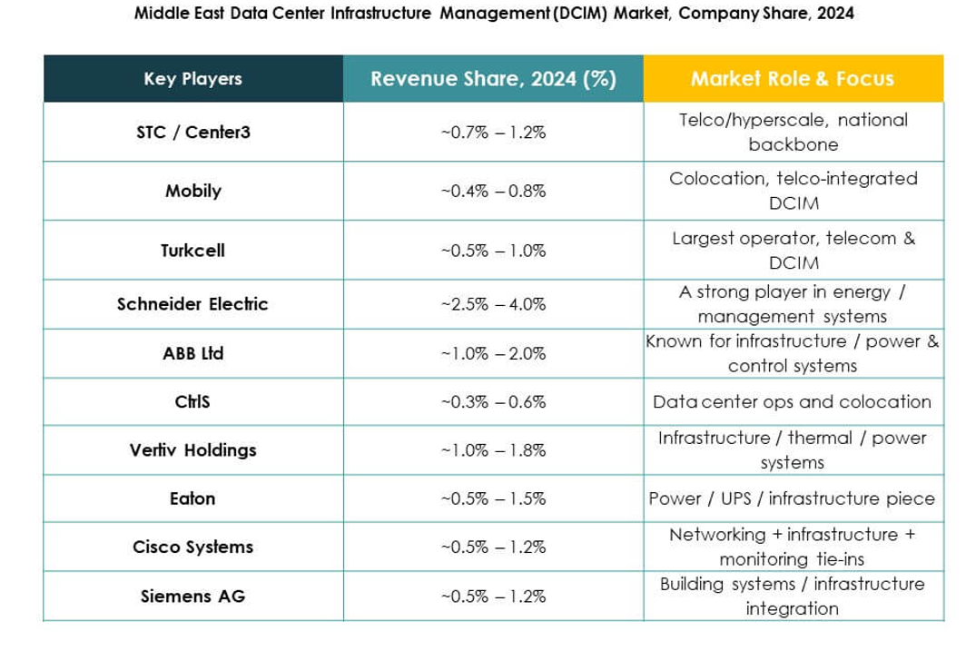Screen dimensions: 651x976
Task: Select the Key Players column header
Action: (x=192, y=79)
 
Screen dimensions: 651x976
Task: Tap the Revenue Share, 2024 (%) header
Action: (x=493, y=79)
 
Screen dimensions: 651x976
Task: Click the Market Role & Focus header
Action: (x=793, y=79)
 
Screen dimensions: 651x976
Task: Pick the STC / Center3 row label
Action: (x=192, y=133)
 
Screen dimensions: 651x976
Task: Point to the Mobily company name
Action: (x=192, y=192)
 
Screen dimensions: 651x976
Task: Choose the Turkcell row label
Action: (x=192, y=251)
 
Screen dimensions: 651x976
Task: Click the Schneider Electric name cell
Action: (x=192, y=304)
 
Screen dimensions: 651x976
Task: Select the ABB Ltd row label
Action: (x=192, y=353)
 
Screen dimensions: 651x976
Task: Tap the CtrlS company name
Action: (x=192, y=401)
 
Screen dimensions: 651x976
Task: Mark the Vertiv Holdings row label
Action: (x=192, y=450)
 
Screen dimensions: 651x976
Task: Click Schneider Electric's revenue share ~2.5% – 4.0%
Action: (x=493, y=304)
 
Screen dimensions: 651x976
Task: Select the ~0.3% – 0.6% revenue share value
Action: (x=493, y=401)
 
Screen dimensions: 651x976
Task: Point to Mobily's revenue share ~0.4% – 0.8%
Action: (x=493, y=192)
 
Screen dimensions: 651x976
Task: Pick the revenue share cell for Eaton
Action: (x=493, y=498)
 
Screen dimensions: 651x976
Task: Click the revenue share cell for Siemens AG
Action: (x=493, y=597)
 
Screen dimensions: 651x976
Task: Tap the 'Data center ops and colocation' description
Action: (x=792, y=401)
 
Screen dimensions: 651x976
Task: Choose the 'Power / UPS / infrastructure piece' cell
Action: (x=792, y=498)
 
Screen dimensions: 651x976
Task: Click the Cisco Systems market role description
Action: (x=792, y=547)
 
